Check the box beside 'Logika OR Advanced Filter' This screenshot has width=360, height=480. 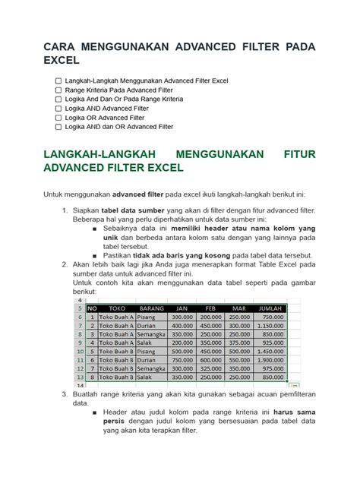58,118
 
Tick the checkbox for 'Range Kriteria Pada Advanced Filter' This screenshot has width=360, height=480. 58,90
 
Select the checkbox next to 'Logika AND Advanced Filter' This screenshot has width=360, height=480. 58,109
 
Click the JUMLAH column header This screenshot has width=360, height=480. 271,308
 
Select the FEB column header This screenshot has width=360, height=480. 211,308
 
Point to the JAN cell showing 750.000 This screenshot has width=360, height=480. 182,356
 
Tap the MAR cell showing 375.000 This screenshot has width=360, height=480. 240,343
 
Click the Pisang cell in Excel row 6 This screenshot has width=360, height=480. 146,317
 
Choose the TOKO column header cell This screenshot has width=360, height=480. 117,308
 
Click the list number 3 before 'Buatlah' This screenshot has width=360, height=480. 64,395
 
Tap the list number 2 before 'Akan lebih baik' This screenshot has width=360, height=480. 64,264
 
